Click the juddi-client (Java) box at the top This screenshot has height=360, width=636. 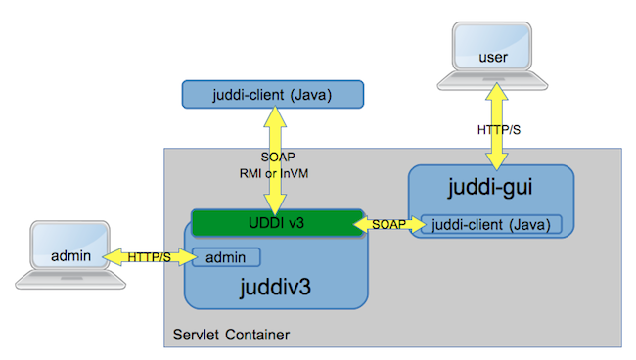[272, 95]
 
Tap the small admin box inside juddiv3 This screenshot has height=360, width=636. [225, 257]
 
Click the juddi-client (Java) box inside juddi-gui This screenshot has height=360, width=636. [492, 225]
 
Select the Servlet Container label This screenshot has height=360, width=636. [231, 336]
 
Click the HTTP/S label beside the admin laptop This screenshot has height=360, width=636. [149, 257]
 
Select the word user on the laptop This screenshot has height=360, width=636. [494, 58]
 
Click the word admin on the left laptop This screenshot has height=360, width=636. [71, 256]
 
